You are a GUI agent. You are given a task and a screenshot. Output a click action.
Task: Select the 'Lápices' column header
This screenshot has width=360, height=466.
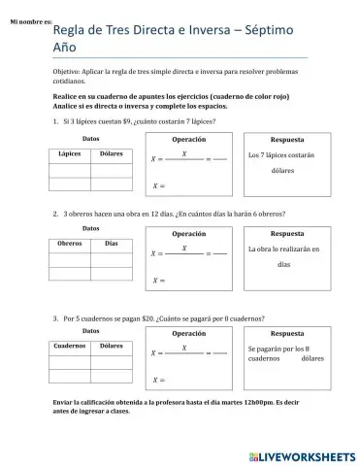69,153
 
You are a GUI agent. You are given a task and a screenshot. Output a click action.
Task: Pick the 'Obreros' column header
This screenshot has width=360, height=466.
69,244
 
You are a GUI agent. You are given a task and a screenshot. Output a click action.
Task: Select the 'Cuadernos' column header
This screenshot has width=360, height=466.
69,345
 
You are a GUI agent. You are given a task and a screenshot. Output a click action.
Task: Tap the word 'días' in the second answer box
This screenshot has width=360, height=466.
283,264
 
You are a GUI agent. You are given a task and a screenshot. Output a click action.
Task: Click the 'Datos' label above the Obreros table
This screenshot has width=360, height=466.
90,228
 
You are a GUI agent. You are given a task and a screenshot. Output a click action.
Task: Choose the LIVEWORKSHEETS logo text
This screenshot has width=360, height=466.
303,454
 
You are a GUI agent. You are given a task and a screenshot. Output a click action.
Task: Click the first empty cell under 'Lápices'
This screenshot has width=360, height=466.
69,169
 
